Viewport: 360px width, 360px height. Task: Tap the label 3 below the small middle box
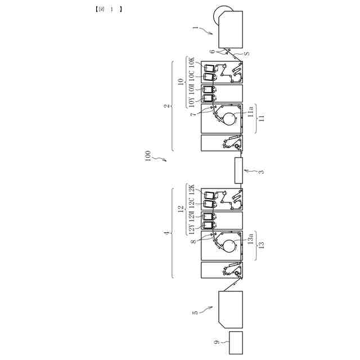(261, 171)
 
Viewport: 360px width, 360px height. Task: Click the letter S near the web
(246, 53)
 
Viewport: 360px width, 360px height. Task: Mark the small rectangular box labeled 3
(240, 170)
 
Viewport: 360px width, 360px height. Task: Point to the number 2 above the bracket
(167, 105)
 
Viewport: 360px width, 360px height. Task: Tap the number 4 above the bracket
(167, 232)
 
